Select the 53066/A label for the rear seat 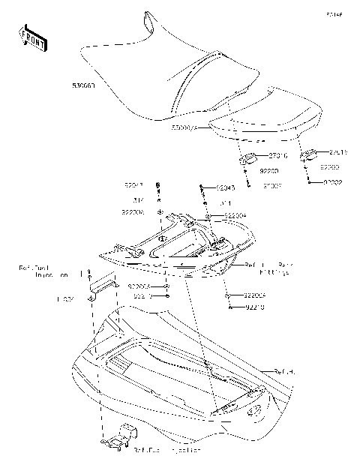[184, 128]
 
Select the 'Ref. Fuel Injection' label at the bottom [167, 450]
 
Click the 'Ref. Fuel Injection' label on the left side [44, 271]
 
